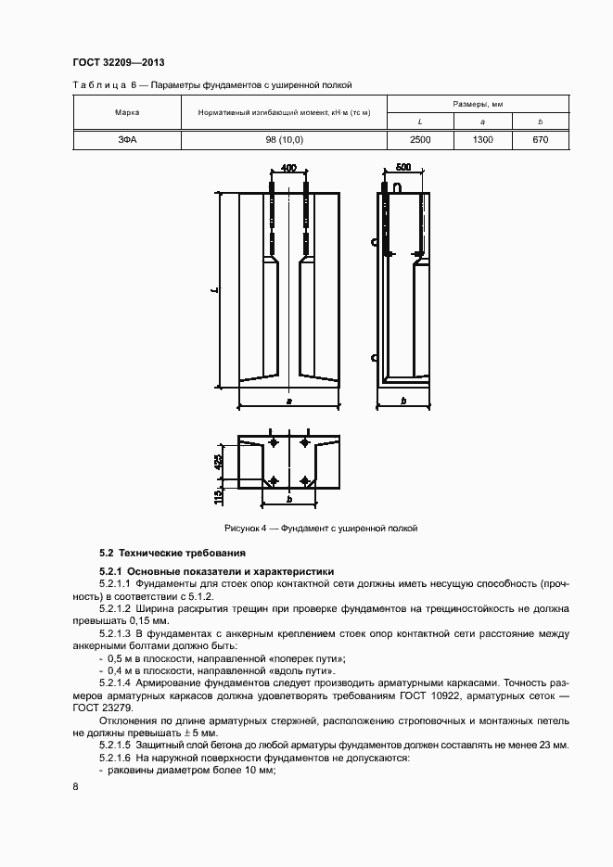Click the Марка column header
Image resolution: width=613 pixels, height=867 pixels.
coord(127,113)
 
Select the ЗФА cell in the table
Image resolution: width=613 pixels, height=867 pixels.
coord(127,140)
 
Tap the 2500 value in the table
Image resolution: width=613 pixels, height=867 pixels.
coord(420,140)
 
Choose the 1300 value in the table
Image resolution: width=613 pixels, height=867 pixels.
coord(482,140)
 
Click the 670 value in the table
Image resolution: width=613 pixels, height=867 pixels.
coord(541,140)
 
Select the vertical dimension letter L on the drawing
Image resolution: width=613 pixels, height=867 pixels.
coord(214,291)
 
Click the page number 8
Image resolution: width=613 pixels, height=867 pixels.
coord(74,786)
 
